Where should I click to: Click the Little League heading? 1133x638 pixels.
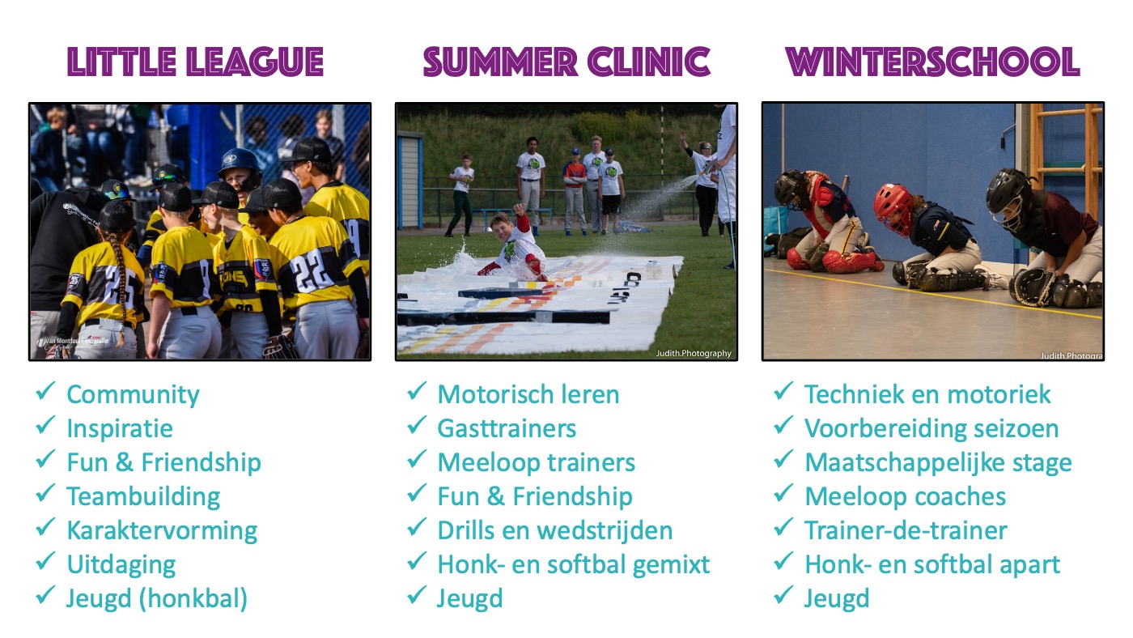195,62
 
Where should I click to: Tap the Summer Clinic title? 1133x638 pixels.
566,62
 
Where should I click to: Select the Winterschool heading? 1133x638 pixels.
932,62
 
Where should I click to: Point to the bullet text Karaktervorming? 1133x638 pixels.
162,531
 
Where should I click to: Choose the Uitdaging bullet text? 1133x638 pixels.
121,565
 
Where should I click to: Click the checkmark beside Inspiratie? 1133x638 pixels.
45,426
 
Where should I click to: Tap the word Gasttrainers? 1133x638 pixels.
507,428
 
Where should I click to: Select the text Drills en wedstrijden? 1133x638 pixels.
555,531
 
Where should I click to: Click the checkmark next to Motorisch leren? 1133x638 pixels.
417,391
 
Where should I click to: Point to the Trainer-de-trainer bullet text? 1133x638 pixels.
906,531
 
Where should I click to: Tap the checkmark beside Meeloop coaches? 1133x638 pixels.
783,493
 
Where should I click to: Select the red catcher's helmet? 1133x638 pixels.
893,207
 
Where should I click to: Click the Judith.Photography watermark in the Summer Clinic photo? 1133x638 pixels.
694,353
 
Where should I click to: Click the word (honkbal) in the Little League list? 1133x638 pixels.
193,599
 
